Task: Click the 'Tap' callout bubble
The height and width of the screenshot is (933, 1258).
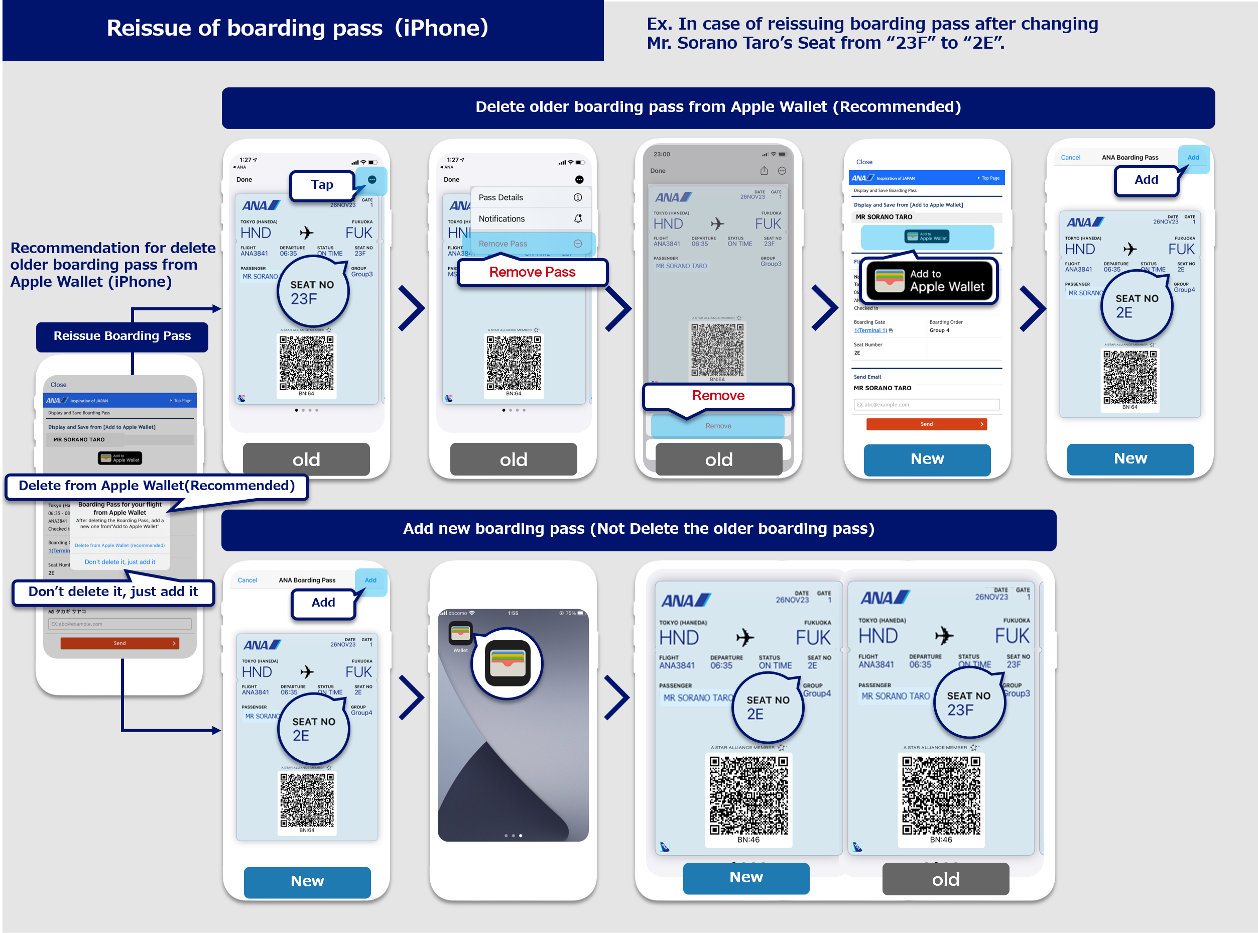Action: coord(322,185)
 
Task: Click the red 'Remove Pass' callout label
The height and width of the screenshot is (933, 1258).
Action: coord(532,272)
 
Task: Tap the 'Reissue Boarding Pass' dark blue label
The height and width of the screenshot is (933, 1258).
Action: coord(122,336)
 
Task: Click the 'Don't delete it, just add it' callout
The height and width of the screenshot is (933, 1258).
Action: coord(113,592)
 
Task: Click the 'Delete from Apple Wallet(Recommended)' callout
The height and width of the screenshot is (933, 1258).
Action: coord(157,486)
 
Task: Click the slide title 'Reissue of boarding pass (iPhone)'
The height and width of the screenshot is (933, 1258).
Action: coord(298,28)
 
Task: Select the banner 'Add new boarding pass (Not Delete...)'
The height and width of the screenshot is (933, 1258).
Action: coord(638,529)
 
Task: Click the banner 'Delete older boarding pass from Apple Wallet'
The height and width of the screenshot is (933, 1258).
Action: coord(718,107)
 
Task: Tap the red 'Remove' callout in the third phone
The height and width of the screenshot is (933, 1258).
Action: coord(718,396)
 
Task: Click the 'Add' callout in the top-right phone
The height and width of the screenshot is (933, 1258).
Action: coord(1146,180)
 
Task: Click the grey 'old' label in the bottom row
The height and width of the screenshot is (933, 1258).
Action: coord(945,879)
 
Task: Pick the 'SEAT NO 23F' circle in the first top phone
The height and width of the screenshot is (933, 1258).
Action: coord(313,292)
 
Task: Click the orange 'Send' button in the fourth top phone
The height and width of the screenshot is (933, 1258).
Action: coord(926,424)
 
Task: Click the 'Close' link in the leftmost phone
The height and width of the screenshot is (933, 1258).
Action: coord(58,385)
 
